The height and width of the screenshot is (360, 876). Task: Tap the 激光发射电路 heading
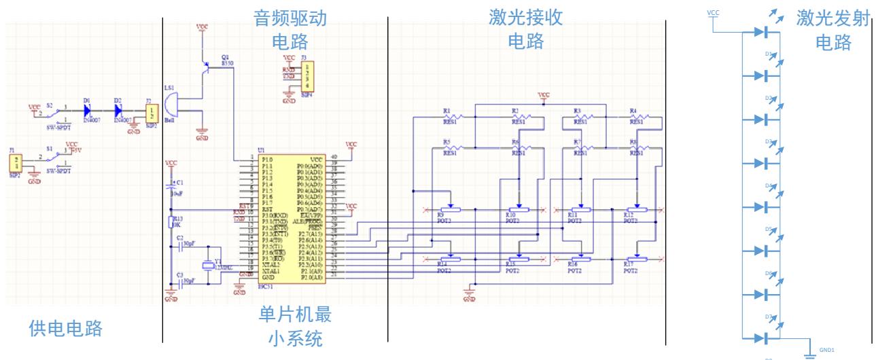(833, 31)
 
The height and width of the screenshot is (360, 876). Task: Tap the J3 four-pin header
(308, 76)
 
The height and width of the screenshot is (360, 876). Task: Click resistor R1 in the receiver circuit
(451, 118)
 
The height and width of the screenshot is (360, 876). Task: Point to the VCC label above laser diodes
(712, 12)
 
